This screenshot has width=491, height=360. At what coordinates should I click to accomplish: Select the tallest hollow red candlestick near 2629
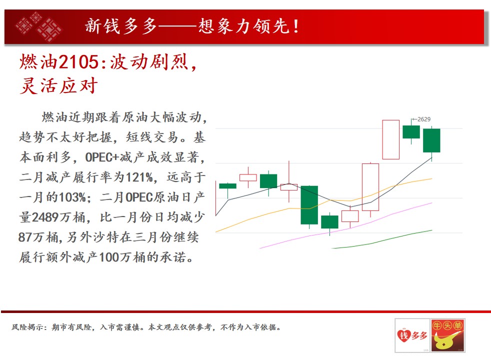coord(391,139)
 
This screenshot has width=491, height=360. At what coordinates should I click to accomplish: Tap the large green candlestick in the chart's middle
coord(309,205)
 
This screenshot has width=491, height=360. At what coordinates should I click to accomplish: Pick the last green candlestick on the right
coord(431,140)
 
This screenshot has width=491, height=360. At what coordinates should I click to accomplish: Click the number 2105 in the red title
coord(78,61)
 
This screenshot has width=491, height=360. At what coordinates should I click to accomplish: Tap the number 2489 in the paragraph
coord(45,217)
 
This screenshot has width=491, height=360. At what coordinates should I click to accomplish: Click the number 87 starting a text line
coord(25,237)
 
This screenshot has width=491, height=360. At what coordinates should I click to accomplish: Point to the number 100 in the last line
coord(108,257)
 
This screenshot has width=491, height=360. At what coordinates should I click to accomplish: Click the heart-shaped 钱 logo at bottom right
coord(403,336)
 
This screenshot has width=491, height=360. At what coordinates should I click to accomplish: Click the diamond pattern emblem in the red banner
coord(39,26)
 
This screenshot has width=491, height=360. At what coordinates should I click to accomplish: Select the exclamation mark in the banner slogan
coord(296,26)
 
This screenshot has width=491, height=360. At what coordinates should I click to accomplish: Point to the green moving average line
coord(382,240)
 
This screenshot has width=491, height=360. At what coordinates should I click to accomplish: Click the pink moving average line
coord(346,226)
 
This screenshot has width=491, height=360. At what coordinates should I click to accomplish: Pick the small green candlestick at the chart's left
coord(227,186)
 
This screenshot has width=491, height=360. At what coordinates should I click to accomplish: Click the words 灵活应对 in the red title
coord(58,86)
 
